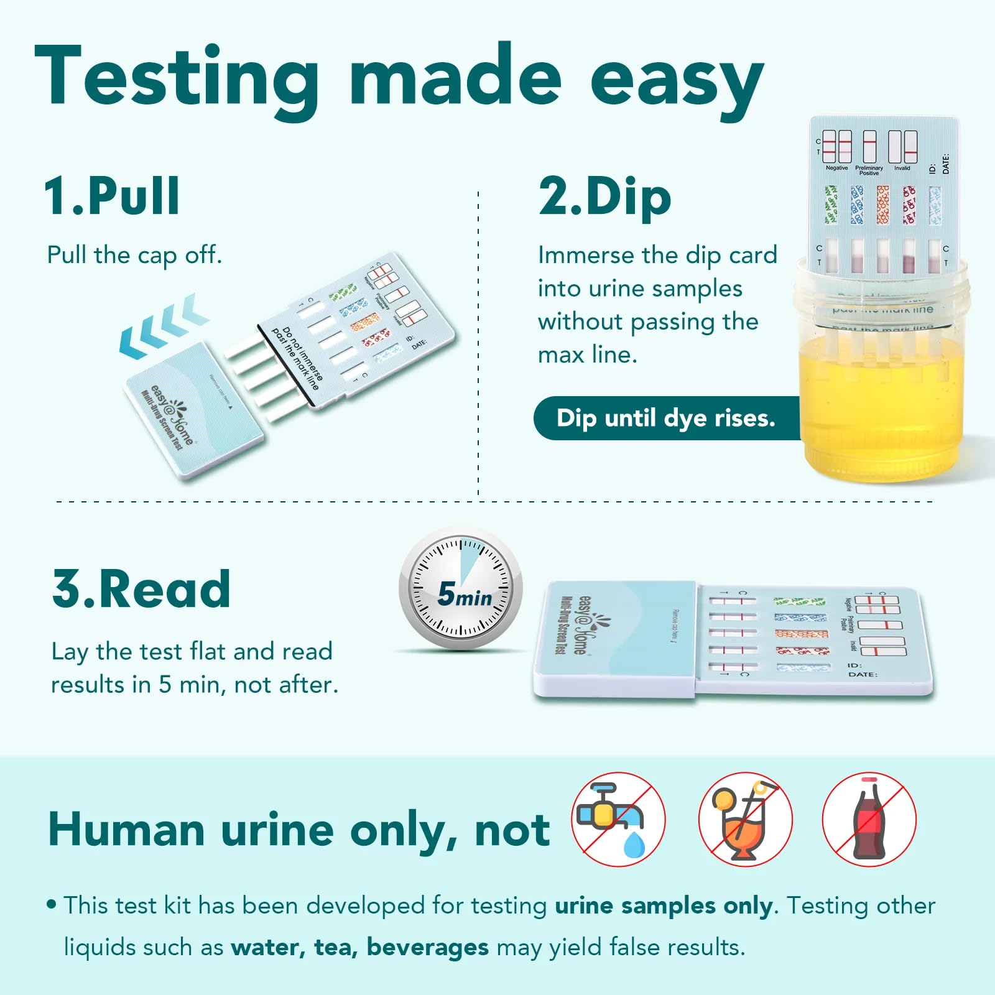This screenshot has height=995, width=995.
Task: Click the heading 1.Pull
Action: (112, 197)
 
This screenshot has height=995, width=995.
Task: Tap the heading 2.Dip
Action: (604, 197)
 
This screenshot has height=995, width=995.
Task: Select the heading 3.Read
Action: (141, 589)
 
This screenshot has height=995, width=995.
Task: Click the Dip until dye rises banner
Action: (665, 418)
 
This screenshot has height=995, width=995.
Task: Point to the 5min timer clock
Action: (461, 588)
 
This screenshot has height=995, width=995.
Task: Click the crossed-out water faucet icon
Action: (618, 819)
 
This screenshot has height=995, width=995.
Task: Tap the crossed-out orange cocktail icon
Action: (745, 819)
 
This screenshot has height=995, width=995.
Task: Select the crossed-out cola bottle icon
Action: (869, 819)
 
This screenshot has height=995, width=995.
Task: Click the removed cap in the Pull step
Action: (193, 410)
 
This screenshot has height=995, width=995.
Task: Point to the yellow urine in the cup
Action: (883, 404)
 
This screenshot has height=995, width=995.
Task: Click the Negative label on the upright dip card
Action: (836, 168)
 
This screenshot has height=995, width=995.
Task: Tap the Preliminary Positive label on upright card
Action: (869, 170)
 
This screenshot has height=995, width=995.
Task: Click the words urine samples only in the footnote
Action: (664, 905)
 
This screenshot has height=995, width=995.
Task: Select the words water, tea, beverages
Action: (359, 947)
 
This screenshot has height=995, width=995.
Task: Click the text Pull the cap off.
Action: (134, 255)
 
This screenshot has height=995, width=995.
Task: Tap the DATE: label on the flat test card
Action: (863, 675)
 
